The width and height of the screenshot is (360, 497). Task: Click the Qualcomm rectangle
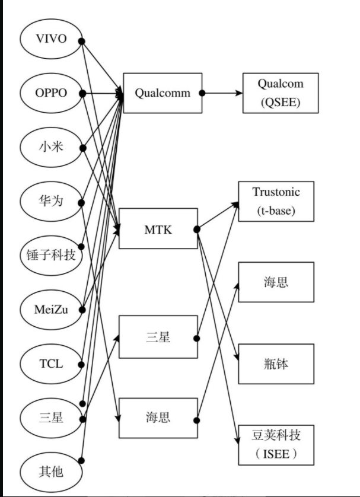[163, 93]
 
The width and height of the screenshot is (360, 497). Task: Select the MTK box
[158, 229]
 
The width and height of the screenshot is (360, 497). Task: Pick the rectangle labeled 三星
[158, 337]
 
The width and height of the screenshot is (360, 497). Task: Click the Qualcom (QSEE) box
[281, 93]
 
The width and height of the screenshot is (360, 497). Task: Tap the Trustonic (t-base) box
[276, 201]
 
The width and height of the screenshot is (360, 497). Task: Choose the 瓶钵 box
[276, 363]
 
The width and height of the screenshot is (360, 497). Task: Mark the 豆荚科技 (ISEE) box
[276, 445]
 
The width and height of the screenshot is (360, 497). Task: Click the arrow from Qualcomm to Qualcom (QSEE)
[222, 93]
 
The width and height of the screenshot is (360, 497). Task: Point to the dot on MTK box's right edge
[197, 229]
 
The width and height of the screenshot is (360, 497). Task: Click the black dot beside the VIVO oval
[81, 41]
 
